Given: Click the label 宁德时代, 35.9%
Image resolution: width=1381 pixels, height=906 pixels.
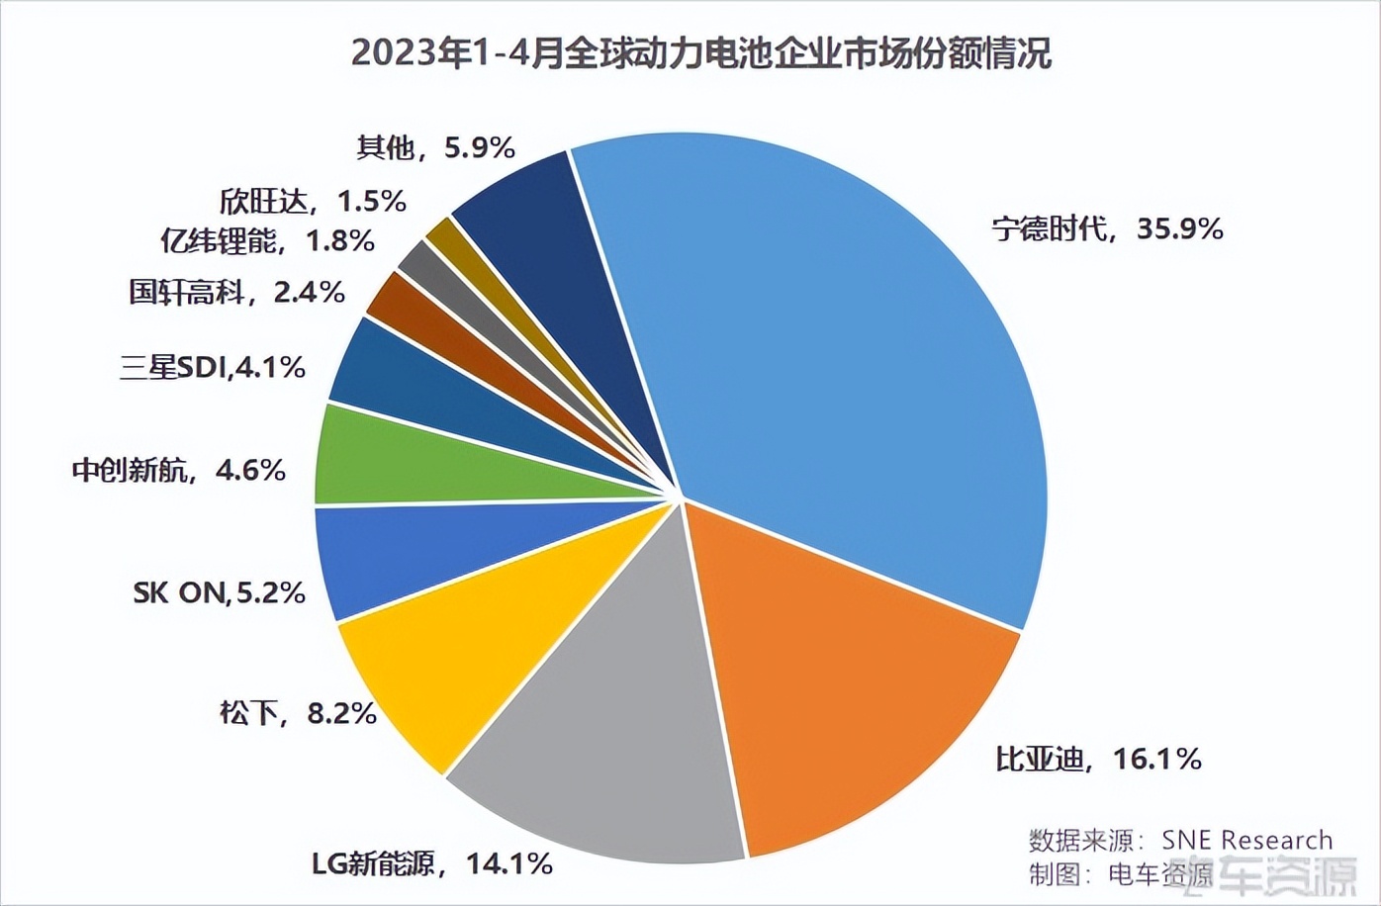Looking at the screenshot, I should coord(1107,229).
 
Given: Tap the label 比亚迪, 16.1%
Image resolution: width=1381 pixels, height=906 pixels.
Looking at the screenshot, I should coord(1098,759).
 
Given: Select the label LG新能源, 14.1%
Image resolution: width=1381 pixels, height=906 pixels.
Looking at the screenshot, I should coord(432,863).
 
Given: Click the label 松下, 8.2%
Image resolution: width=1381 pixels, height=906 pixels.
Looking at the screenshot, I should coord(298,712).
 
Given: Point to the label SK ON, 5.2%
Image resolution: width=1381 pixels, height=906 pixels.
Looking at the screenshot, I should coord(219,592).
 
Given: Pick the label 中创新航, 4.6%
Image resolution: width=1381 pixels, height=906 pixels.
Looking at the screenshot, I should coord(179,470).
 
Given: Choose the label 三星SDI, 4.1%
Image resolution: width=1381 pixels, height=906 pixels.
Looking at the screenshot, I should coord(213,368).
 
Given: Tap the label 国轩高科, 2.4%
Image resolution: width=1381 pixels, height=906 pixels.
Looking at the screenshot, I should coord(237,292).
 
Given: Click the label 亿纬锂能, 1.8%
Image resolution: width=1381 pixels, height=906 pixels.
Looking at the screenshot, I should coord(267,240).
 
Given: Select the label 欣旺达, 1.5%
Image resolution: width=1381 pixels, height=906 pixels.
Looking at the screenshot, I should coord(313,202).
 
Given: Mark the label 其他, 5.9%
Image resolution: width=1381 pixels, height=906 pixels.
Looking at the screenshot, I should coord(435,148).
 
